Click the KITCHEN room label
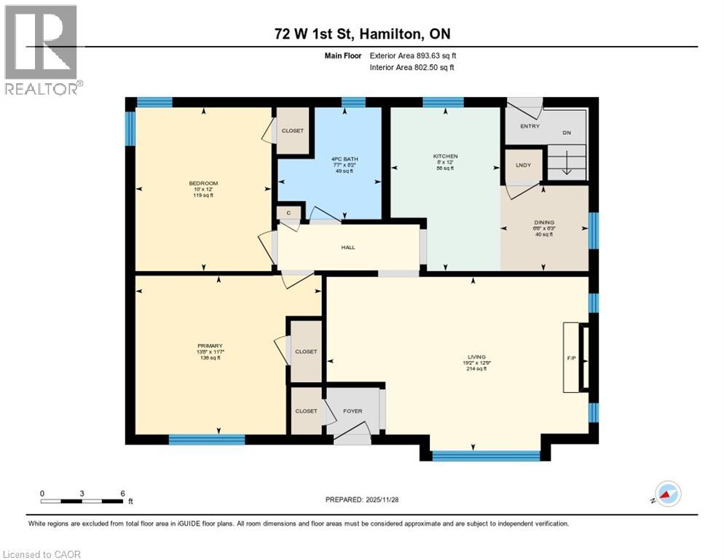(x=445, y=156)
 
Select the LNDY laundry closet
(x=524, y=165)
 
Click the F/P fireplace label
(x=572, y=359)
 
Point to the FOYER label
(x=353, y=411)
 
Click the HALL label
(x=348, y=247)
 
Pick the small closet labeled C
(x=288, y=213)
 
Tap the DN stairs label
(x=567, y=133)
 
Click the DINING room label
(x=543, y=222)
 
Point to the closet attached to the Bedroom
(x=293, y=131)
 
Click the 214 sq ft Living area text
(x=477, y=369)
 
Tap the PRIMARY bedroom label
(x=209, y=346)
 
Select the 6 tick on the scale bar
(x=122, y=494)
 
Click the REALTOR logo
(x=42, y=50)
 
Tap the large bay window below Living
(x=486, y=456)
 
